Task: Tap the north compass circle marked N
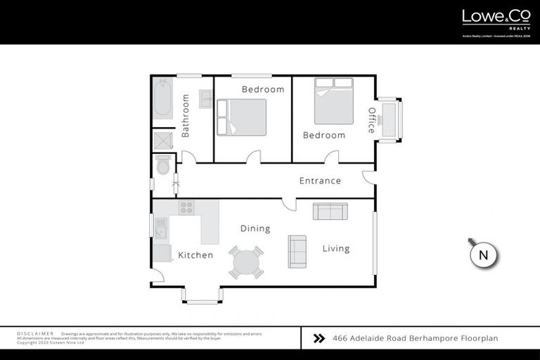[483, 255]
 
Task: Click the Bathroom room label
[186, 116]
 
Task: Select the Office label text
[372, 120]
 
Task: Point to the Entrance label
[320, 181]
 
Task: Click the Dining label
[255, 229]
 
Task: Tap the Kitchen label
[195, 255]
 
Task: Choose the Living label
[336, 248]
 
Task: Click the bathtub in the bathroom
[163, 98]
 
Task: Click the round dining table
[246, 262]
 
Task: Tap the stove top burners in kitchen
[186, 207]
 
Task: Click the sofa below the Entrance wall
[330, 211]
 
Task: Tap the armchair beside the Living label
[297, 251]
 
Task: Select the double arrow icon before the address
[319, 338]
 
